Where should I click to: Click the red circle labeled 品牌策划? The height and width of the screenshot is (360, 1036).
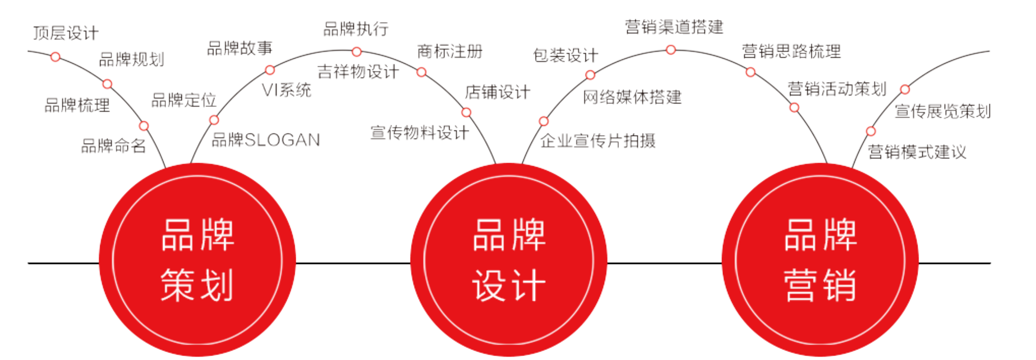197,260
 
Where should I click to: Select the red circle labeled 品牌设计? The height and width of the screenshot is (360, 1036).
508,260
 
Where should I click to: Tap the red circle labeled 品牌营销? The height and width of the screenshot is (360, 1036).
820,260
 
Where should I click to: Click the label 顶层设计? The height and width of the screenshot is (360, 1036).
66,33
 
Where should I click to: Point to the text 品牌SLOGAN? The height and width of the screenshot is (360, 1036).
266,140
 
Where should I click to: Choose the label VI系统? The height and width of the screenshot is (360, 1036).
286,90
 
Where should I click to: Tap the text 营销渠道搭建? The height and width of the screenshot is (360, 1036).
674,27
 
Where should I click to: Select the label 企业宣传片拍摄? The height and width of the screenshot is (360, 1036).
598,141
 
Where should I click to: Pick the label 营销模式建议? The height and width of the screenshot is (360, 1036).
916,152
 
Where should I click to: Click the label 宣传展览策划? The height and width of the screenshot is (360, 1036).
942,111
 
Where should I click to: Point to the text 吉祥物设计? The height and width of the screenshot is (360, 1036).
358,72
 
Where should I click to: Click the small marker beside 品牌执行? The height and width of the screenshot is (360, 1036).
356,51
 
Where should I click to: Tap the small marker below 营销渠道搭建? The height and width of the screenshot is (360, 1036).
671,50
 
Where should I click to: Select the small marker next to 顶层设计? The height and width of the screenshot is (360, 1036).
55,57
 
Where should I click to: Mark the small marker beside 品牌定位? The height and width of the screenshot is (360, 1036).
214,120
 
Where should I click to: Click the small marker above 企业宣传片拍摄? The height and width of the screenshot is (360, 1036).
543,121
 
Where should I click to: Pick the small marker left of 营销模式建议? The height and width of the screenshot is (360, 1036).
871,131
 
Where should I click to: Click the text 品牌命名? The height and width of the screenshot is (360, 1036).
113,146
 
